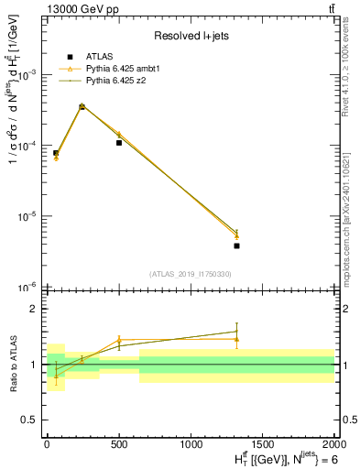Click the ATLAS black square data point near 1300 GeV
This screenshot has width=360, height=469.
click(x=236, y=245)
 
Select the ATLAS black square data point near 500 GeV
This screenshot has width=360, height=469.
click(x=119, y=143)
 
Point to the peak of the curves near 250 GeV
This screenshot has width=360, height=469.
click(x=82, y=106)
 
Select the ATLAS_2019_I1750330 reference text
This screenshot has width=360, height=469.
click(x=190, y=274)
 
